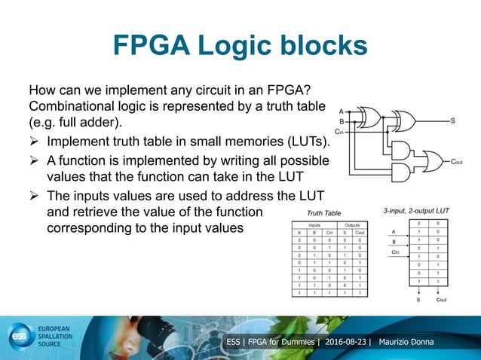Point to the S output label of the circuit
452,121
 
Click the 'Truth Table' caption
325,213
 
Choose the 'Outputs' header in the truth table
352,224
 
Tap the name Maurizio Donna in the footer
412,343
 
